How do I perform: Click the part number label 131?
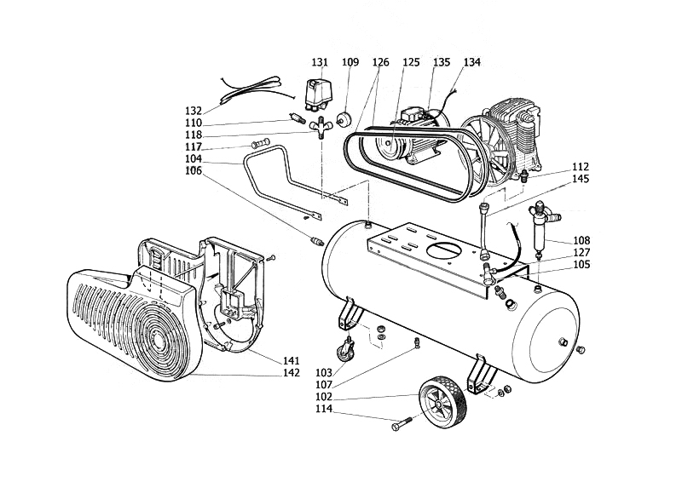[320, 62]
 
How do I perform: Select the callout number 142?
[292, 372]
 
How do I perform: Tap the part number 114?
[324, 409]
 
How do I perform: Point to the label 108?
[581, 240]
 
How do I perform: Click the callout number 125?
[411, 62]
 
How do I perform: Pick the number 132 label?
[194, 111]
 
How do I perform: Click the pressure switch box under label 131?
[321, 95]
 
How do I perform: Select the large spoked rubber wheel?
[442, 399]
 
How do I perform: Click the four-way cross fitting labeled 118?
[321, 127]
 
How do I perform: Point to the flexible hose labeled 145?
[484, 230]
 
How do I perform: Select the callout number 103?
[324, 372]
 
